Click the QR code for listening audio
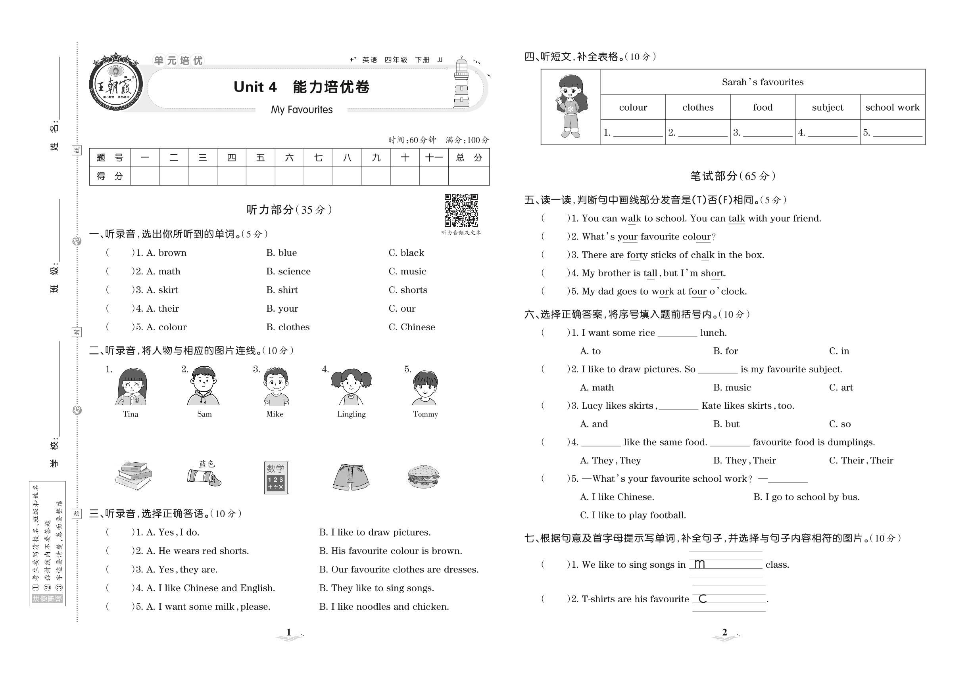coord(461,210)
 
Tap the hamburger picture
coord(423,477)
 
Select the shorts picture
coord(351,477)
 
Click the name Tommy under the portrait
coord(425,414)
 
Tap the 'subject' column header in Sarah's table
coord(827,107)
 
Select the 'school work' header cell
coord(892,107)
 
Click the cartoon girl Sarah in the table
coord(570,106)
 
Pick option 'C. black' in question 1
coord(406,253)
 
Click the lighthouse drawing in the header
coord(461,83)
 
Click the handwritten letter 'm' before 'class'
coord(699,564)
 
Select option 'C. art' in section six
coord(841,388)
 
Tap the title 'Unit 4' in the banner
coord(255,87)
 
